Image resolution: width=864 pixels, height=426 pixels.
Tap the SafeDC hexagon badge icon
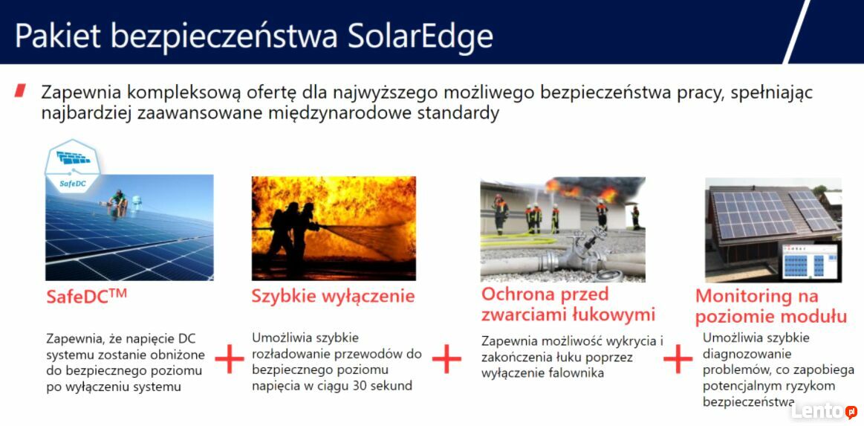(x=72, y=165)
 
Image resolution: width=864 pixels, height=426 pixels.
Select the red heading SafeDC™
(x=86, y=296)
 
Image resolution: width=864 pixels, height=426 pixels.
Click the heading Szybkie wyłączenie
(x=333, y=297)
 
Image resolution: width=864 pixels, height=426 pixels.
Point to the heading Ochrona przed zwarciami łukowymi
(x=568, y=303)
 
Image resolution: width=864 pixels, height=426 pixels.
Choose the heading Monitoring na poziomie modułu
(x=771, y=306)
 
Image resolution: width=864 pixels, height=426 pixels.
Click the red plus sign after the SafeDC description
(x=230, y=359)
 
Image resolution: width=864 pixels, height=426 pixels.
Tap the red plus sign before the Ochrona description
(x=446, y=359)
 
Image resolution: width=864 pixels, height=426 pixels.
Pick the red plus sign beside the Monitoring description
(x=678, y=359)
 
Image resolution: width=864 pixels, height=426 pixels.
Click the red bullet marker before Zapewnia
(x=20, y=91)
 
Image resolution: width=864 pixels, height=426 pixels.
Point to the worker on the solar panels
(x=117, y=200)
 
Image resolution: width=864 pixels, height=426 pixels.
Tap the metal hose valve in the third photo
(x=584, y=254)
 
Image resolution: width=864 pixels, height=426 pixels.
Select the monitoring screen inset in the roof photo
(x=810, y=261)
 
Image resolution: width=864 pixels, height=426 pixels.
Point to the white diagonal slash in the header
(x=797, y=31)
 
